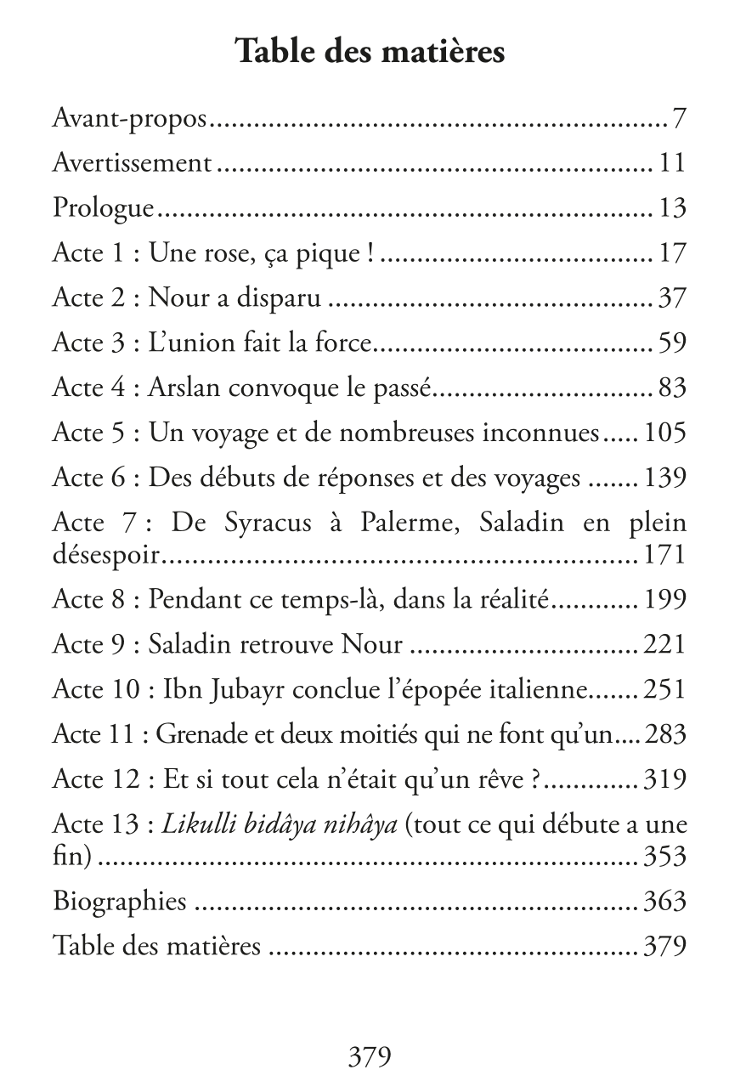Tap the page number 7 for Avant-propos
click(678, 119)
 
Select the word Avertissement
click(132, 163)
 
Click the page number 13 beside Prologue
click(671, 208)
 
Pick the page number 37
click(671, 298)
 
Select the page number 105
click(664, 433)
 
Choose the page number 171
click(664, 556)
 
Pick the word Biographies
click(119, 901)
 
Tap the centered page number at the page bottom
click(370, 1056)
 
